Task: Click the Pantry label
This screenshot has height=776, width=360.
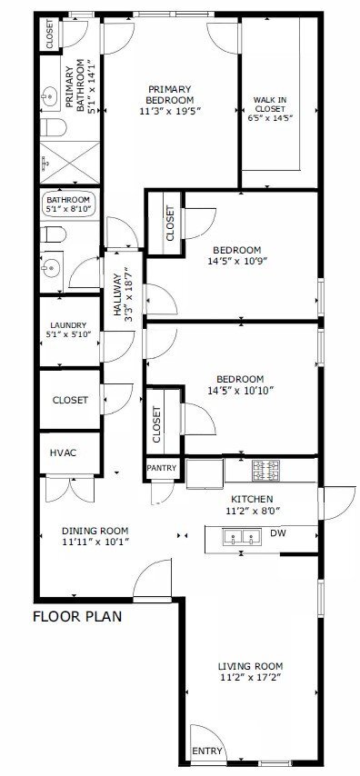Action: pyautogui.click(x=163, y=468)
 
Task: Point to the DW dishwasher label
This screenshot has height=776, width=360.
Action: pyautogui.click(x=278, y=533)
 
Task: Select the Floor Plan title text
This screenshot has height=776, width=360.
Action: pyautogui.click(x=77, y=616)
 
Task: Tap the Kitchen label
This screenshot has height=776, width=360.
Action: pyautogui.click(x=252, y=499)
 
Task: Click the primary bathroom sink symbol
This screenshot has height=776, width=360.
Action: pyautogui.click(x=49, y=94)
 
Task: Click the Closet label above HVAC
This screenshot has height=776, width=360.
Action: pyautogui.click(x=70, y=400)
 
